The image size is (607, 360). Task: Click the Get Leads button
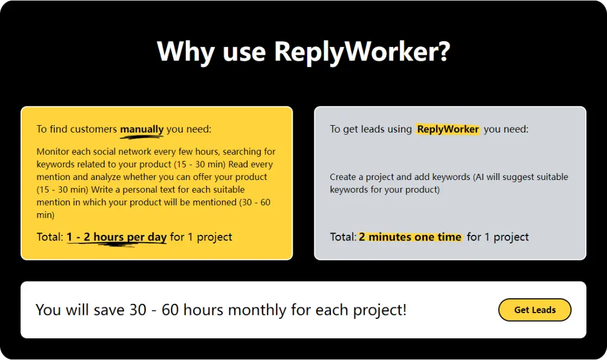[534, 310]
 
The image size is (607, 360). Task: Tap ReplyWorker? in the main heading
[362, 51]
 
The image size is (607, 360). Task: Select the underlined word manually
[142, 129]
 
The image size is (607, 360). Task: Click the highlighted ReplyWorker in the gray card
[448, 129]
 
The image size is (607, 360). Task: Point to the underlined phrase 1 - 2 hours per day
[117, 237]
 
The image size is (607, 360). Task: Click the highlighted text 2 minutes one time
[410, 237]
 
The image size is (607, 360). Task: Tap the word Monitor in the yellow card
[53, 152]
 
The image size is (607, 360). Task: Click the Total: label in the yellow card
[50, 237]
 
